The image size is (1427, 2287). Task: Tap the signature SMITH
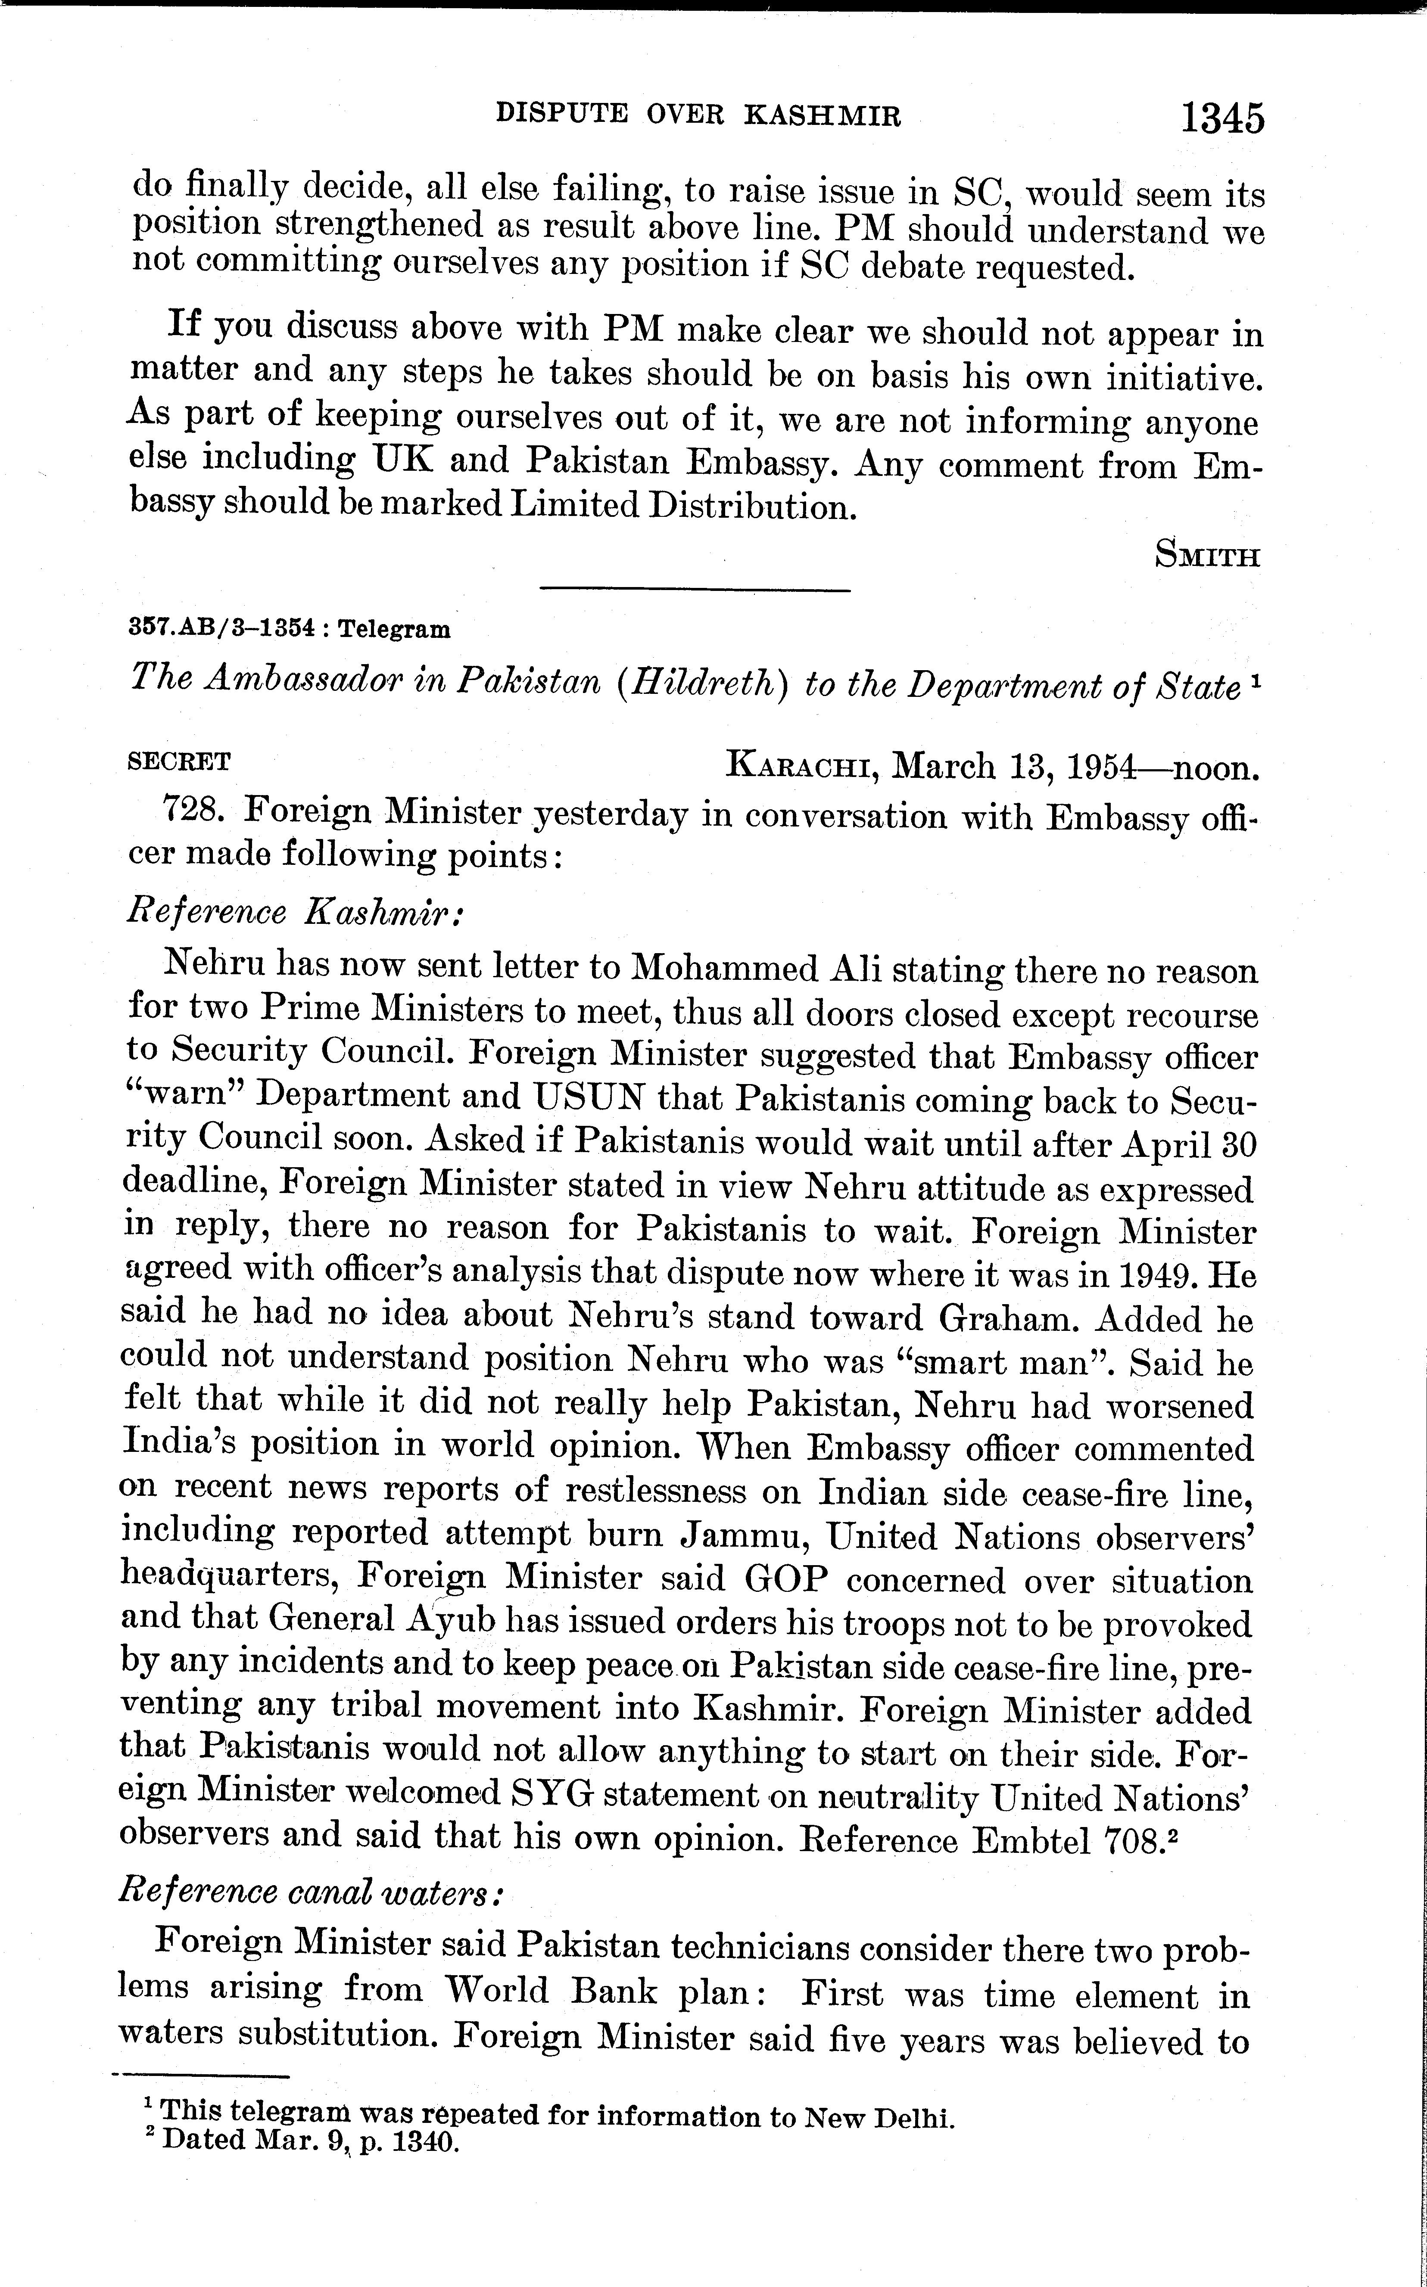[x=1207, y=556]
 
